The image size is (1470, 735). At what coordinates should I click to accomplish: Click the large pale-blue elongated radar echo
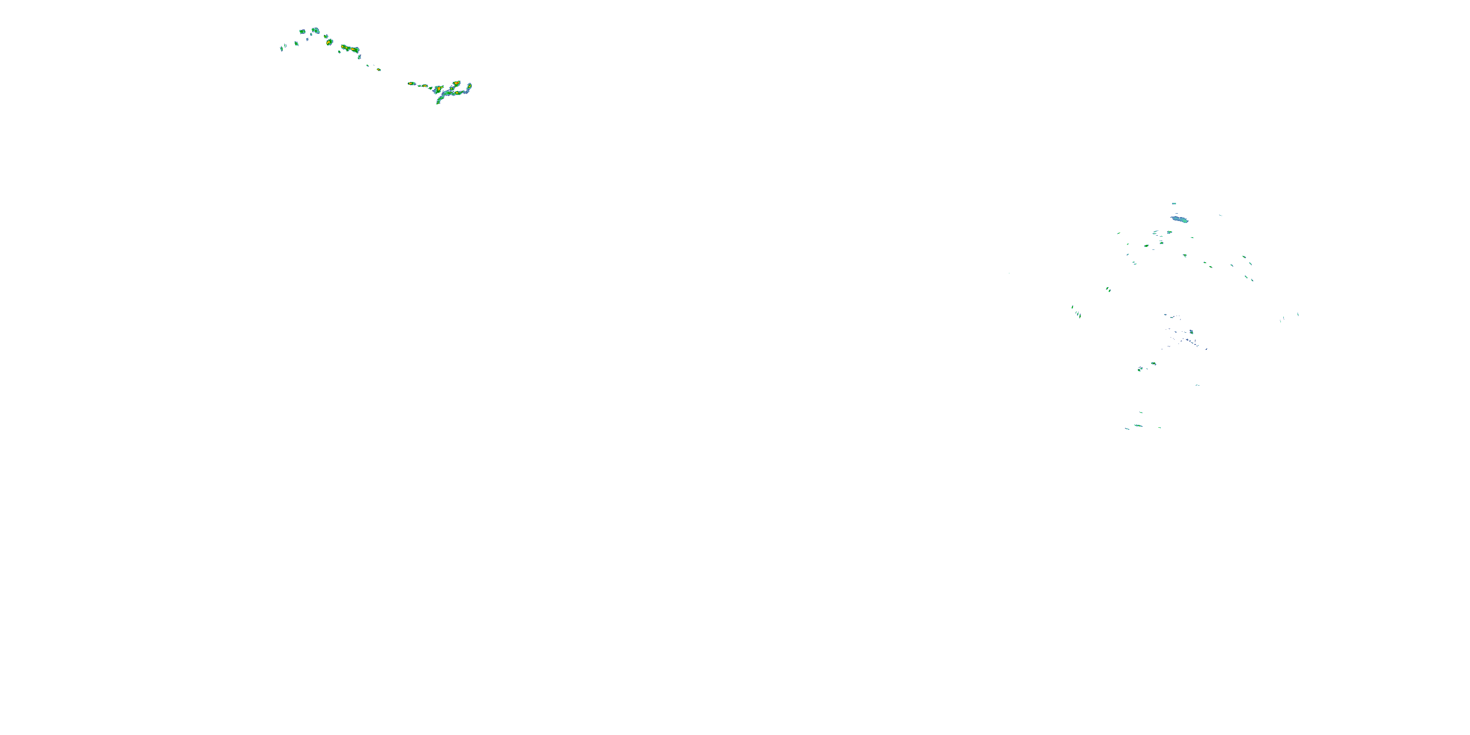(1179, 219)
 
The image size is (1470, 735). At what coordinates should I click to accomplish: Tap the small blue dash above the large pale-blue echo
(1174, 203)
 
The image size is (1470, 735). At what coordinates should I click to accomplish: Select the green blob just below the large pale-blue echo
(1169, 232)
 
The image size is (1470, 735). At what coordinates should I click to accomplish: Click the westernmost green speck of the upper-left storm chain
(281, 49)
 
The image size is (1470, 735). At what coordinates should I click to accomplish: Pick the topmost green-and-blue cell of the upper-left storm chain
(315, 30)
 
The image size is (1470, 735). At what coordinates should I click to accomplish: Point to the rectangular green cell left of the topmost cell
(302, 31)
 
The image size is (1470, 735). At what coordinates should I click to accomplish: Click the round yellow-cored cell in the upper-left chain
(329, 42)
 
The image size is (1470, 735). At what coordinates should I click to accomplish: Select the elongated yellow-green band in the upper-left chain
(350, 49)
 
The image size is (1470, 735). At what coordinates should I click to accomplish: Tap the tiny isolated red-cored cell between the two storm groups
(378, 69)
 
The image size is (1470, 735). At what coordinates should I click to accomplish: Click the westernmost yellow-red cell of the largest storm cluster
(412, 84)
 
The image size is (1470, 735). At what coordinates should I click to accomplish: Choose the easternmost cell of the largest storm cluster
(469, 87)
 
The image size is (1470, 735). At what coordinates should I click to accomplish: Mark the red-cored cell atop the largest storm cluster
(457, 83)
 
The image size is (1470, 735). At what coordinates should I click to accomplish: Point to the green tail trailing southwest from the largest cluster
(440, 100)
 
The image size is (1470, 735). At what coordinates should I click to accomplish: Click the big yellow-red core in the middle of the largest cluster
(438, 90)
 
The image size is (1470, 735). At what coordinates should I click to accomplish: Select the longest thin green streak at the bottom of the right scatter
(1138, 426)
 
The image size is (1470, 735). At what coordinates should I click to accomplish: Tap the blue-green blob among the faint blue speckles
(1191, 332)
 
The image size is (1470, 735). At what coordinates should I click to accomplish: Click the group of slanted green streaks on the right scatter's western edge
(1076, 312)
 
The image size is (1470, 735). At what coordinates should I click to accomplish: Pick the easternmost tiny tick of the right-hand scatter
(1298, 314)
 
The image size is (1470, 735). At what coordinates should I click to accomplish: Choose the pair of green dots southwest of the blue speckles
(1146, 367)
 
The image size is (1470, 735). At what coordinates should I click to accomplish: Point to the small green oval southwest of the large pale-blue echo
(1147, 246)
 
